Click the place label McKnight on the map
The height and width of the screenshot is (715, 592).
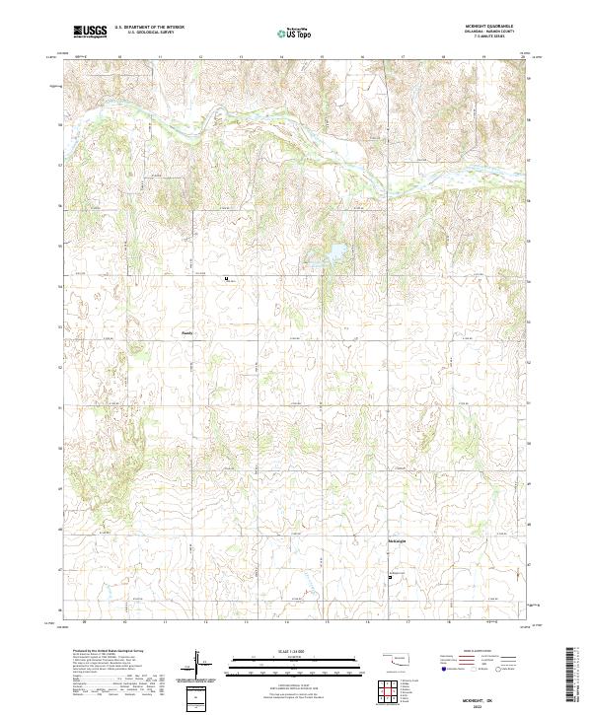[395, 541]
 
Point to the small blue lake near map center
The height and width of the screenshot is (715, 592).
[329, 256]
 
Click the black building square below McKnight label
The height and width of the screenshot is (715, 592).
[390, 577]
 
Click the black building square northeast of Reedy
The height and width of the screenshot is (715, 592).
[227, 279]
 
